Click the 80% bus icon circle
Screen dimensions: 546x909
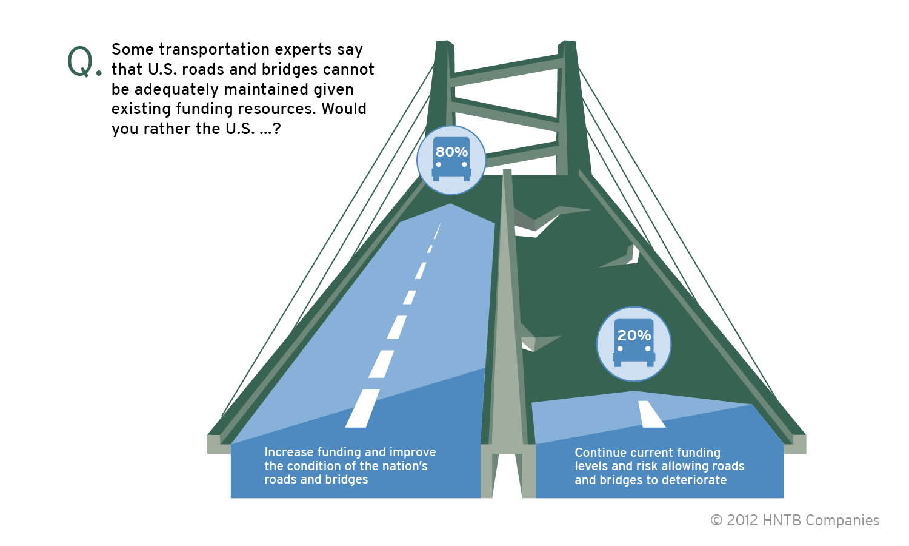[x=451, y=160]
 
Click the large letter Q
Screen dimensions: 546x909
[x=81, y=62]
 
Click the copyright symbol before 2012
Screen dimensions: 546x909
[x=716, y=521]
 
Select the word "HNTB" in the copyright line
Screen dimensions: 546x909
[x=782, y=521]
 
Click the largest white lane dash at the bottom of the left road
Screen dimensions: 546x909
[x=362, y=408]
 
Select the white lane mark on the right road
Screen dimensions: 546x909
[x=651, y=414]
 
